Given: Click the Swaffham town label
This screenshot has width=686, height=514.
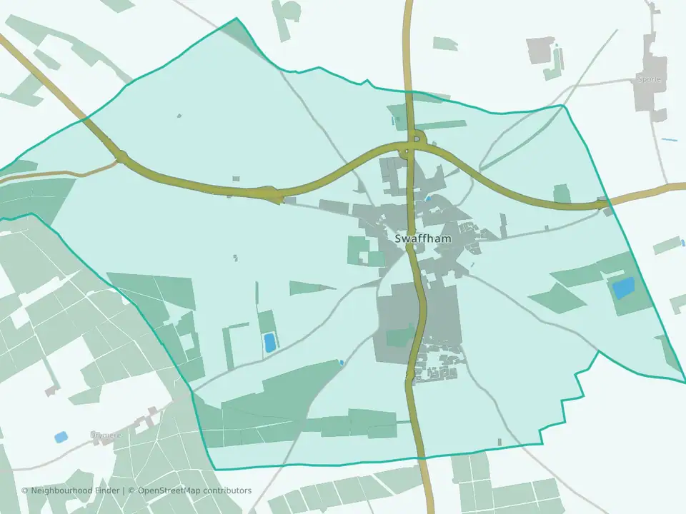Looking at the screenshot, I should click(x=423, y=238).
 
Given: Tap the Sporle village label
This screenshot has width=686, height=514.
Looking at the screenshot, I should click(x=651, y=79).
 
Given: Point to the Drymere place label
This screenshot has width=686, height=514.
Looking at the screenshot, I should click(x=105, y=434).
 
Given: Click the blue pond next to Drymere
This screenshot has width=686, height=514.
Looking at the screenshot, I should click(x=61, y=435).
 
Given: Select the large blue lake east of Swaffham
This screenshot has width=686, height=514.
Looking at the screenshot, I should click(x=622, y=288).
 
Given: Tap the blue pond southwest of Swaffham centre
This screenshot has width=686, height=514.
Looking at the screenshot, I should click(x=270, y=343).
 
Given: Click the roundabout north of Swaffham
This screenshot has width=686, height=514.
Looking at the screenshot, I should click(x=409, y=151).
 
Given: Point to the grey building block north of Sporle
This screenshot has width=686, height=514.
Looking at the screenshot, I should click(x=541, y=49).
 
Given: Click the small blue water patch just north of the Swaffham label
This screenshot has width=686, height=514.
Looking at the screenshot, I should click(x=427, y=198).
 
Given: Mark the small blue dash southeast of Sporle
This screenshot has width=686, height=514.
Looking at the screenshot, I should click(x=668, y=139).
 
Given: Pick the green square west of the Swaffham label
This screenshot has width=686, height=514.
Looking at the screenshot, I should click(x=357, y=250).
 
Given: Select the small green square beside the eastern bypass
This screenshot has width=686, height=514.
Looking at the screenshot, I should click(x=562, y=193).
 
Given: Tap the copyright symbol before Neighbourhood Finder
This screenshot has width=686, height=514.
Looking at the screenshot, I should click(x=25, y=490).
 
